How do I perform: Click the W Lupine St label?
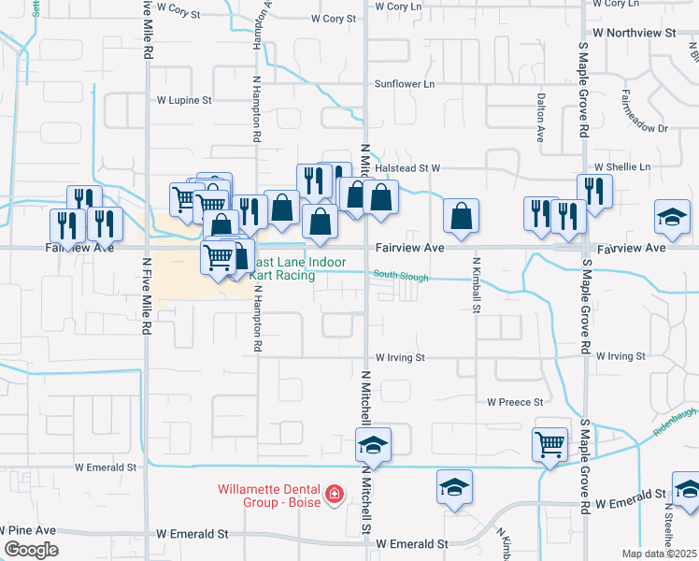click(184, 99)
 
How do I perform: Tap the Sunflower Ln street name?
click(405, 84)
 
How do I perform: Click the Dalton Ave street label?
click(540, 117)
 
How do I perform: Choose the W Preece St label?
click(515, 402)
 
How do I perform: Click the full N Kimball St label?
click(476, 284)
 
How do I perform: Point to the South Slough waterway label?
click(400, 276)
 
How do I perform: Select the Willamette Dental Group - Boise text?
click(268, 495)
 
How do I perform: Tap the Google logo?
click(31, 550)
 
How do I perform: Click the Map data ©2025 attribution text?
click(659, 554)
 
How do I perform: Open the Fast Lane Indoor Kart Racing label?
click(298, 269)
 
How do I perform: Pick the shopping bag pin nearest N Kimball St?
click(461, 216)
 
